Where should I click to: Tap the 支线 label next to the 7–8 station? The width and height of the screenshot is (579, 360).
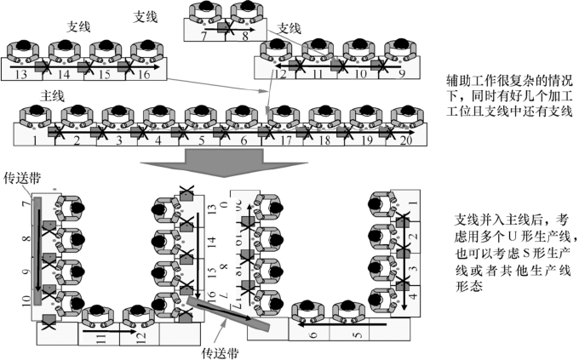tap(290, 28)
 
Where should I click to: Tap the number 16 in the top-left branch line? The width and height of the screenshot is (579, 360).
tap(144, 75)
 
